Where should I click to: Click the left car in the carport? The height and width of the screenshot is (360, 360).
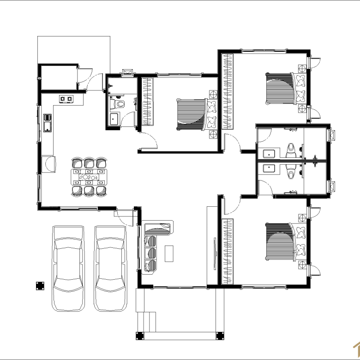pyautogui.click(x=68, y=268)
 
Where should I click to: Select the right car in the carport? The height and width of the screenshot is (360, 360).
pyautogui.click(x=110, y=268)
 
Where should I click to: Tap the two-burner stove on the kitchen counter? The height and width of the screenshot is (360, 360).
pyautogui.click(x=66, y=99)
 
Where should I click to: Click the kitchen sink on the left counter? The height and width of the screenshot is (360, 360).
pyautogui.click(x=47, y=123)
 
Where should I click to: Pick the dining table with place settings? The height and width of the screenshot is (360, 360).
pyautogui.click(x=89, y=176)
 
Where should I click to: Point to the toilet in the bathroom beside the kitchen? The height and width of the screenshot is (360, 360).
pyautogui.click(x=119, y=104)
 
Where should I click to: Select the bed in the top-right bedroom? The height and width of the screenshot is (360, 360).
pyautogui.click(x=279, y=88)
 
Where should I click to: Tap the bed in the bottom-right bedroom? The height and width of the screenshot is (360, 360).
pyautogui.click(x=279, y=242)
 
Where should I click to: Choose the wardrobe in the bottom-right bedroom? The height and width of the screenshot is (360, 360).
pyautogui.click(x=227, y=252)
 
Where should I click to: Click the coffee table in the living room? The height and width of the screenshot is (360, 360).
pyautogui.click(x=169, y=253)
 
